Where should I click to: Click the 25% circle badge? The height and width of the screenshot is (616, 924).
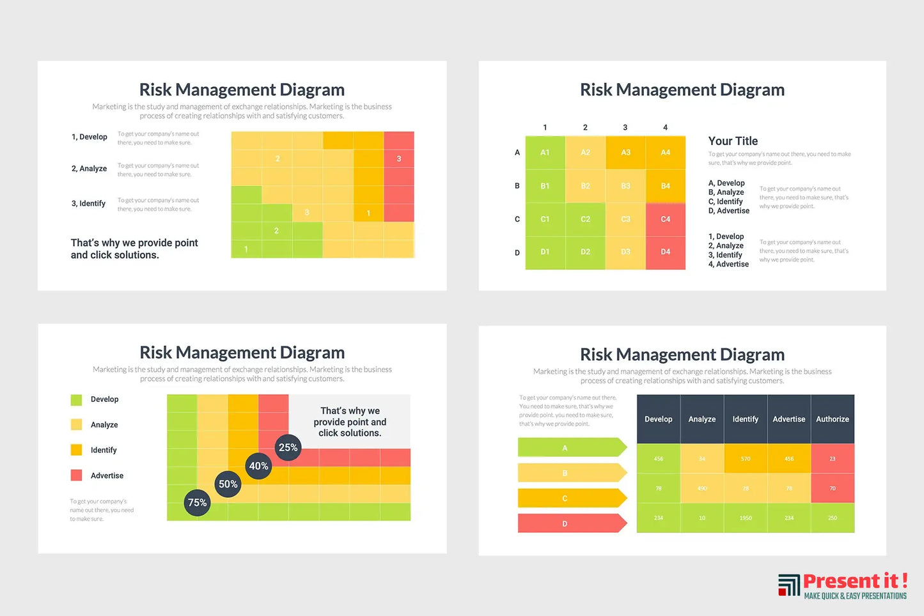pos(288,448)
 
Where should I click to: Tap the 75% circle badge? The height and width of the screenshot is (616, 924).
pos(197,503)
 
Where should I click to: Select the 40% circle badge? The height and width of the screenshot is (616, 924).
pos(258,466)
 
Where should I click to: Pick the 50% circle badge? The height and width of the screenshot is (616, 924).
pos(228,484)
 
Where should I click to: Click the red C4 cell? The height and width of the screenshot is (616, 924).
pos(665,219)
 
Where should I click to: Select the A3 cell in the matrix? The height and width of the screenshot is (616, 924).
pos(625,153)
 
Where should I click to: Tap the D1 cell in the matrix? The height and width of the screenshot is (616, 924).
pos(545,252)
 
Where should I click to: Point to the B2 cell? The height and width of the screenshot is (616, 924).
pos(585,186)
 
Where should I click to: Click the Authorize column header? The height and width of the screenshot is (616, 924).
pos(832,419)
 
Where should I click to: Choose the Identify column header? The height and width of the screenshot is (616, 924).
pos(745,419)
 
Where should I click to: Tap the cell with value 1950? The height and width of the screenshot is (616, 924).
pos(745,518)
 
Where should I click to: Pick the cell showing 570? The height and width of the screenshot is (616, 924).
pos(745,459)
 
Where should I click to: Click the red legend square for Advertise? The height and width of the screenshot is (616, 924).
pos(76,475)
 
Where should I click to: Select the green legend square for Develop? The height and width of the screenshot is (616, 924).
pos(76,400)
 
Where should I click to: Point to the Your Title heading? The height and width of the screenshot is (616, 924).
pos(733,141)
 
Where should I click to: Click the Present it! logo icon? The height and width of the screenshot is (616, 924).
pos(789,585)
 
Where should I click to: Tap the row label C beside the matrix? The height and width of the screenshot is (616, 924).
pos(517,219)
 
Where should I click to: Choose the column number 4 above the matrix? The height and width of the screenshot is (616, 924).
pos(665,128)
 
